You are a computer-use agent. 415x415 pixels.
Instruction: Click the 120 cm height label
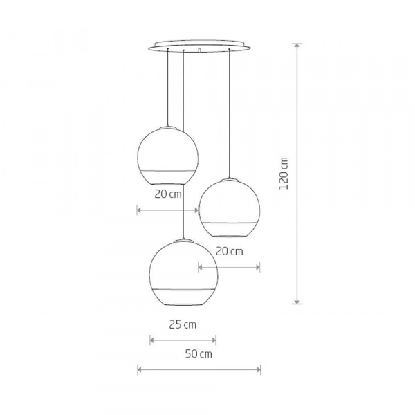point(284,174)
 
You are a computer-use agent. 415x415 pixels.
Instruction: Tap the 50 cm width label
point(199,355)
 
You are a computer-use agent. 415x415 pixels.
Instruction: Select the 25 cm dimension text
point(183,324)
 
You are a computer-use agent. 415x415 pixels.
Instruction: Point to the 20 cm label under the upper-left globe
point(168,194)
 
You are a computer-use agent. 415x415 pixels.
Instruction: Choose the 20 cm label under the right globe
point(230,251)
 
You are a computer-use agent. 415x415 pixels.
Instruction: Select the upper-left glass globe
point(169,156)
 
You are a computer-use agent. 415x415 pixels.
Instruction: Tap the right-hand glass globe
point(229,207)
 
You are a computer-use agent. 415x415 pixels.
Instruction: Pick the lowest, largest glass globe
point(183,273)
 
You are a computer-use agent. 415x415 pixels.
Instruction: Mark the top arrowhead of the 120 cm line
point(297,45)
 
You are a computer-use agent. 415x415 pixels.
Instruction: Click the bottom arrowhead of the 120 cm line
point(297,302)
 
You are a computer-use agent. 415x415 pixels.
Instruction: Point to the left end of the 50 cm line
point(138,369)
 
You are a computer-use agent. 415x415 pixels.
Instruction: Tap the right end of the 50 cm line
point(260,369)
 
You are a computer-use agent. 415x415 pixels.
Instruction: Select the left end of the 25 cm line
point(151,339)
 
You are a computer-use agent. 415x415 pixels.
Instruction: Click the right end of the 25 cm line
point(215,339)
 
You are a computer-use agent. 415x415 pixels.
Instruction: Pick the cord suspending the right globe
point(229,111)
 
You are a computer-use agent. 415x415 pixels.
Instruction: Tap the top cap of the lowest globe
point(183,240)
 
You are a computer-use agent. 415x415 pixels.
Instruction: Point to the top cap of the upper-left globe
point(168,127)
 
